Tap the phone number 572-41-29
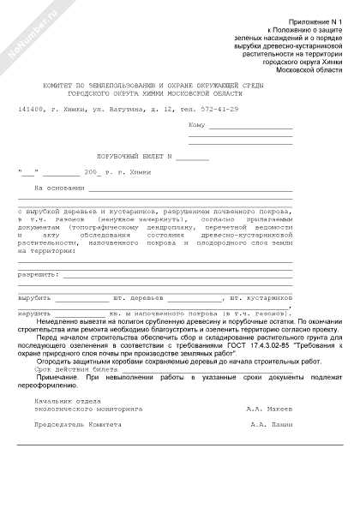[220, 109]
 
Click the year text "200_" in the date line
[93, 173]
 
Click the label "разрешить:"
[39, 274]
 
